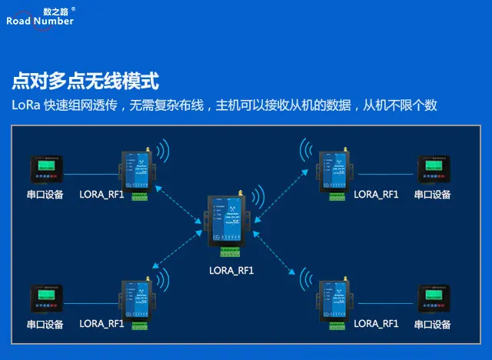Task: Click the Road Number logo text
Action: (x=40, y=21)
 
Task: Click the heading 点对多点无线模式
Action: (x=85, y=81)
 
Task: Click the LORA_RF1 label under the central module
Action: (x=231, y=271)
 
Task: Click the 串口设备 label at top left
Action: (x=45, y=195)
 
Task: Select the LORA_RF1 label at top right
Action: (x=376, y=195)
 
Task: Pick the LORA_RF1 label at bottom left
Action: (x=102, y=324)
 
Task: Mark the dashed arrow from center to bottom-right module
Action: (x=274, y=254)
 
